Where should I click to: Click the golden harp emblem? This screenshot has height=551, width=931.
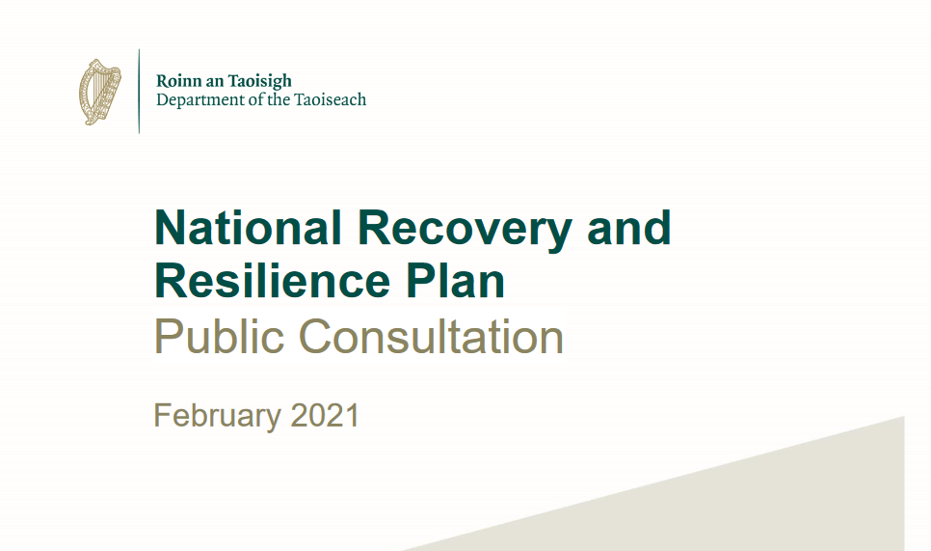[100, 92]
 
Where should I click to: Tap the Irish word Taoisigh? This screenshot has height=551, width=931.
[260, 81]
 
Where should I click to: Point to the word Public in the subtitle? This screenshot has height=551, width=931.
[219, 337]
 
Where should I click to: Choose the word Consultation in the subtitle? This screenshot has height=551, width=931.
[431, 337]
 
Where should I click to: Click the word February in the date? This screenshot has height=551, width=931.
[217, 416]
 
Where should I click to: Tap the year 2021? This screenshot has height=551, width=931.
[326, 416]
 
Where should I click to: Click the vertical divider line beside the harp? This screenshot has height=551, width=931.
[139, 91]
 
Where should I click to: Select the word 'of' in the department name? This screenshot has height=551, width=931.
[255, 99]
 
